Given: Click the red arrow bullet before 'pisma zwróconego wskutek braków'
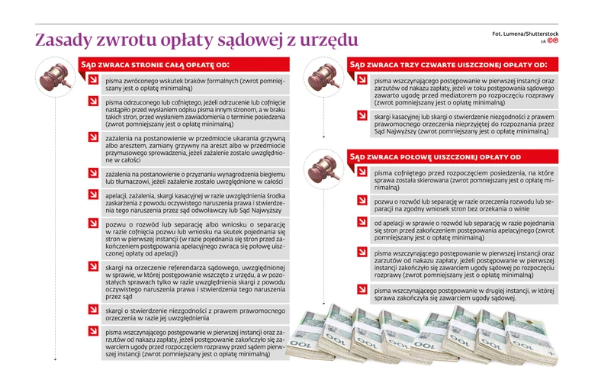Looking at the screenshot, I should [92, 80].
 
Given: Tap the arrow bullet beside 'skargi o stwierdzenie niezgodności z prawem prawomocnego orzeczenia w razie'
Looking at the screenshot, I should [92, 309].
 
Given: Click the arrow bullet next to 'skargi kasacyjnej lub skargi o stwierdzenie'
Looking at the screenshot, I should [362, 116].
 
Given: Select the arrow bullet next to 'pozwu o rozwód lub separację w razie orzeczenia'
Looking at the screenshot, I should [362, 200].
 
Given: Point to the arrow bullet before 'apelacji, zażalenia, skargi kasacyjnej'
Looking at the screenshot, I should [92, 195].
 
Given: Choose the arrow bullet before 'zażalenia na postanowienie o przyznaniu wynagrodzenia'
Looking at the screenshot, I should [92, 174].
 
